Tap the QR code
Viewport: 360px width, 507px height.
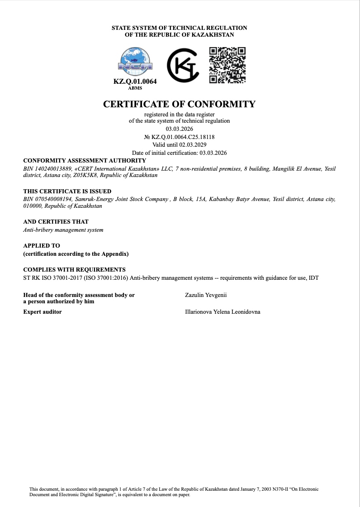coord(227,65)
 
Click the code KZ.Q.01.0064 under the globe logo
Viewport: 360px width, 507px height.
coord(135,82)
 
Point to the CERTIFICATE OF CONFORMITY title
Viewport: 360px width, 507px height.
coord(180,104)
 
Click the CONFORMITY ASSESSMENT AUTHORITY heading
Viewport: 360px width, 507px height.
coord(85,160)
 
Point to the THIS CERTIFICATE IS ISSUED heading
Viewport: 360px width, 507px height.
coord(67,191)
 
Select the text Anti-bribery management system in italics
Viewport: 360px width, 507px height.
coord(63,230)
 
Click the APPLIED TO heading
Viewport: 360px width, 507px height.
coord(42,245)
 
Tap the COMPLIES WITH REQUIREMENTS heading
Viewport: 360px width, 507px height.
coord(74,269)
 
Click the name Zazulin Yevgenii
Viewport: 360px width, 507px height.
coord(206,295)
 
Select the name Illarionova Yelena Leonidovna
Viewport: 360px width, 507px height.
coord(223,312)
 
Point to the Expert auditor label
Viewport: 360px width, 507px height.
coord(43,312)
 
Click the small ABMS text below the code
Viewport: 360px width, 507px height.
coord(135,88)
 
